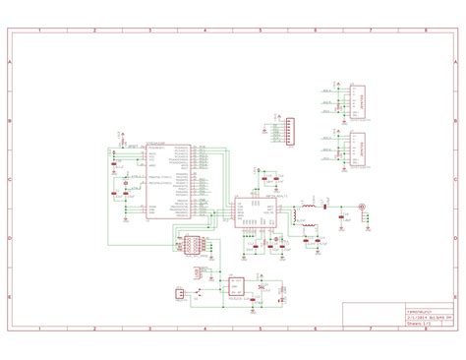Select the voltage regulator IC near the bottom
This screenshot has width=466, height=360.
(237, 286)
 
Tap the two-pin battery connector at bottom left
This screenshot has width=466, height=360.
(178, 293)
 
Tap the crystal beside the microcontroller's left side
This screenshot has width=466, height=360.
(127, 181)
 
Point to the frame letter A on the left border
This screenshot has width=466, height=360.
(9, 61)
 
